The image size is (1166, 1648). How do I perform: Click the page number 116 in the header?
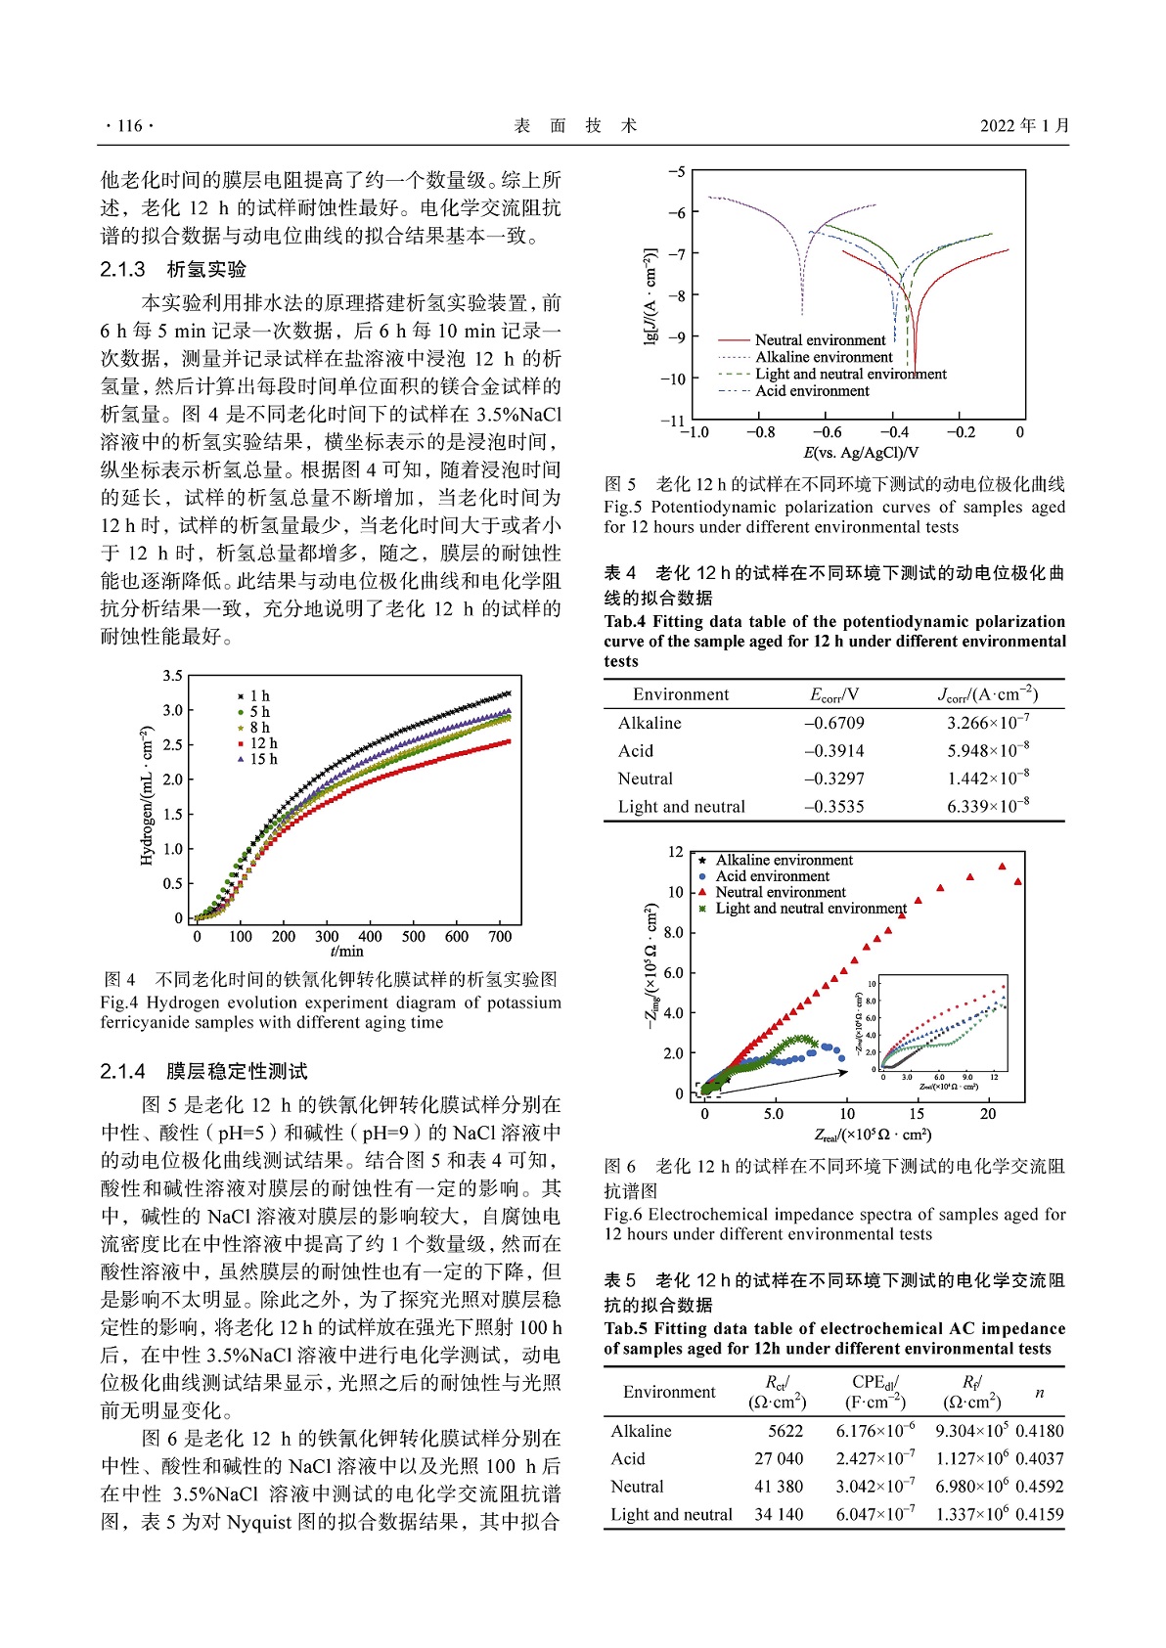pos(129,125)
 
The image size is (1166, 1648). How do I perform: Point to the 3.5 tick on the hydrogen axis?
pos(172,676)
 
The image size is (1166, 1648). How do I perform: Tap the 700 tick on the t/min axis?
pos(500,937)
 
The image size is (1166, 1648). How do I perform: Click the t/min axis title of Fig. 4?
pos(347,951)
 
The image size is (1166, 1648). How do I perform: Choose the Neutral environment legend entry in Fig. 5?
pos(820,340)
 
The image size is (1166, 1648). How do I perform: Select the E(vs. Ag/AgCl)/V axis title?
pos(860,453)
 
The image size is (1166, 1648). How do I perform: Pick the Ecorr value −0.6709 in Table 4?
pos(833,723)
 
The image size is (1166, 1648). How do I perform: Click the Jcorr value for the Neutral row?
pos(987,779)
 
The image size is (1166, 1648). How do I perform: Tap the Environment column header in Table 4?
pos(680,694)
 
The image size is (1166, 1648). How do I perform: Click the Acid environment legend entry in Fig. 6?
pos(772,876)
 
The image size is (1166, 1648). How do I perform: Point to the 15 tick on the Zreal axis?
pos(917,1114)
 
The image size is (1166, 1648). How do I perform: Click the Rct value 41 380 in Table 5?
pos(779,1487)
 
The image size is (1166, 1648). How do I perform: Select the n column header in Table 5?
pos(1039,1392)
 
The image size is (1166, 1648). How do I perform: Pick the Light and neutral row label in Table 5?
pos(671,1514)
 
